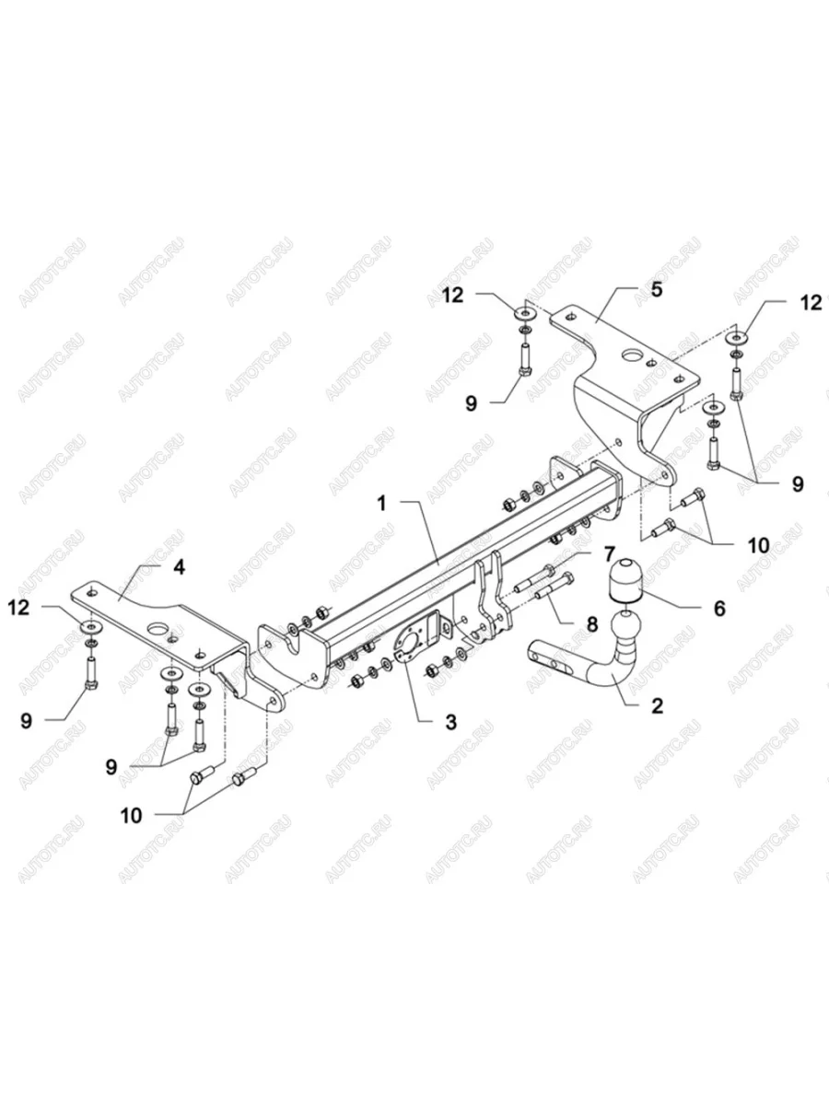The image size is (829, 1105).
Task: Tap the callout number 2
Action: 656,706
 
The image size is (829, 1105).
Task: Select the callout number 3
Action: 450,722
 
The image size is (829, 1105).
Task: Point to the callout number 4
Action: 179,567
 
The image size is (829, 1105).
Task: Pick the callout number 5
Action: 656,289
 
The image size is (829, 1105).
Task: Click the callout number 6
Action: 719,608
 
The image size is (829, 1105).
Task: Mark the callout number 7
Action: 608,554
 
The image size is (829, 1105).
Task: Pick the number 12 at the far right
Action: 811,302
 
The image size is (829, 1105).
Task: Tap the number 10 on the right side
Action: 758,544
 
